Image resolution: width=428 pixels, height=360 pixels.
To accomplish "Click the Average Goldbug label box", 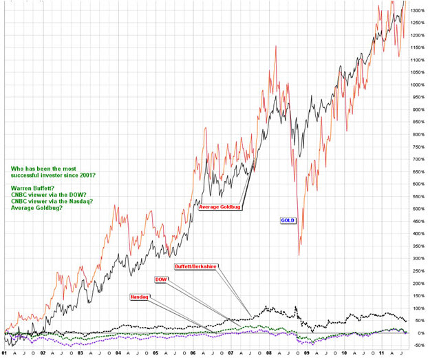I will click(x=220, y=207).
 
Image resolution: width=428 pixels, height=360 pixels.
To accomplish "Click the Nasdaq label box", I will click(x=140, y=297).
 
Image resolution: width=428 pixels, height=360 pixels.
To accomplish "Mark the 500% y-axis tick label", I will click(x=417, y=209).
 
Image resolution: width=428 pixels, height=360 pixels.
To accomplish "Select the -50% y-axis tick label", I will click(x=416, y=346).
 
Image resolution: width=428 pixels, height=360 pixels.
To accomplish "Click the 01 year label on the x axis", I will click(x=5, y=352).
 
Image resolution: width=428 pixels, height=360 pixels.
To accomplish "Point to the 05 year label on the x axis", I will click(x=156, y=352).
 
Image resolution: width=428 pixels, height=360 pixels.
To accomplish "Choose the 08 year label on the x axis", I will click(x=268, y=352).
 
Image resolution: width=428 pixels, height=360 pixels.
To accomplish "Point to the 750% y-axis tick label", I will click(x=417, y=147).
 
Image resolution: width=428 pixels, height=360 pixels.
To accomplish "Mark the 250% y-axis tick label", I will click(x=417, y=271).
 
